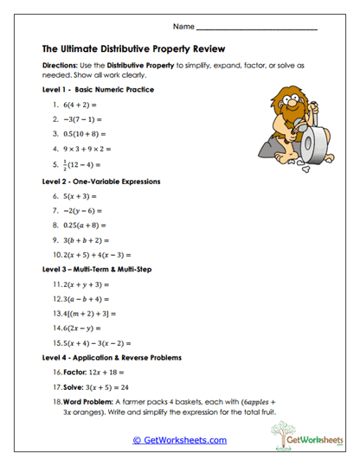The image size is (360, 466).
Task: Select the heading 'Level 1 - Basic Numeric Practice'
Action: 98,89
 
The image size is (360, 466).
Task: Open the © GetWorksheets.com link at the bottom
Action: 179,440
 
